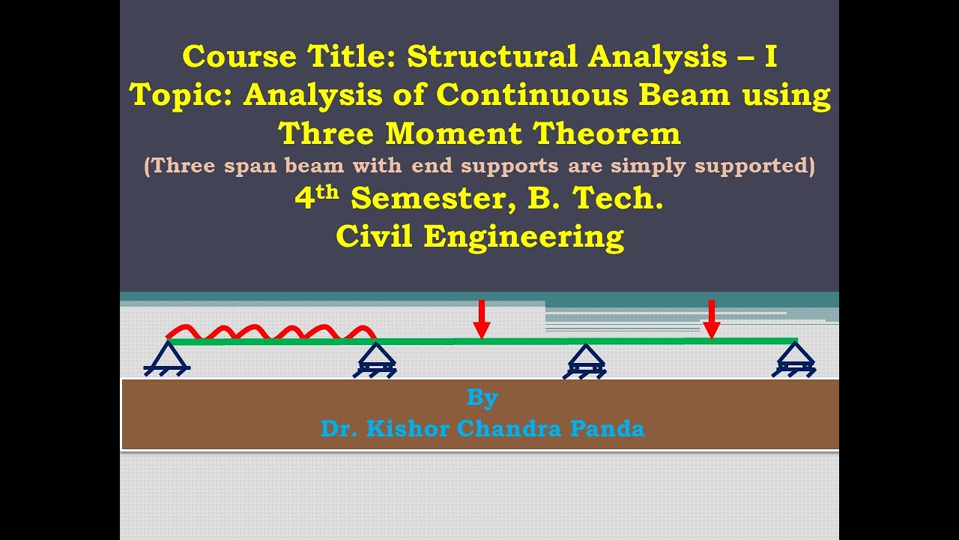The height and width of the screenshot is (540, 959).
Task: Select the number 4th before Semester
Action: tap(316, 199)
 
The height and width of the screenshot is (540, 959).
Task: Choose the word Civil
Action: tap(375, 236)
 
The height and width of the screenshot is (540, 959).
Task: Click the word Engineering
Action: tap(524, 236)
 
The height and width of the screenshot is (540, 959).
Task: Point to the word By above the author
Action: tap(482, 397)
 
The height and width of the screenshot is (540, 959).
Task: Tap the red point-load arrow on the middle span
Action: tap(482, 319)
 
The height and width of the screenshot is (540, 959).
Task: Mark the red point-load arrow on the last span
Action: tap(712, 319)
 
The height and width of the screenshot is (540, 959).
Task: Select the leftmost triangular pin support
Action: tap(167, 356)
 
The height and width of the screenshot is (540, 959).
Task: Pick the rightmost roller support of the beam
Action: tap(795, 359)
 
